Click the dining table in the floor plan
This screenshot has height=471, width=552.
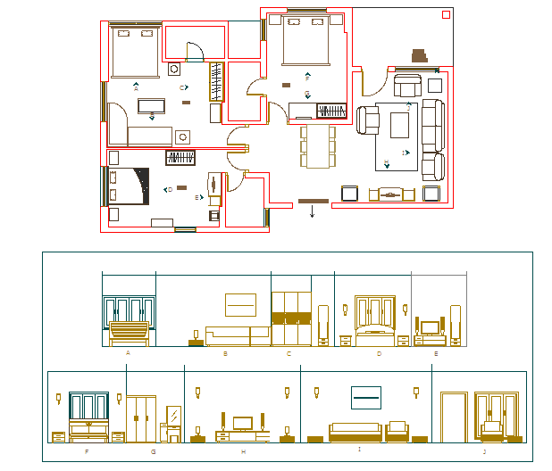[x=318, y=146]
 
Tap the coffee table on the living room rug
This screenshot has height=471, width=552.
[x=397, y=125]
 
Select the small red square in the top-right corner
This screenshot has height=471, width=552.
[x=445, y=14]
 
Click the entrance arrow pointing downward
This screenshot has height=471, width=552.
[x=312, y=212]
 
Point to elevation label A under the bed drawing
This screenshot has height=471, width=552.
[x=128, y=353]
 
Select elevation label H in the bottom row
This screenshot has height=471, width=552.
[x=243, y=452]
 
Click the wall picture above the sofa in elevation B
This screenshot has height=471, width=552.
[x=240, y=304]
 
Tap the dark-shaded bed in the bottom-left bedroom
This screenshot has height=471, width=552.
[x=128, y=187]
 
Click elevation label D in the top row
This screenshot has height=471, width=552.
[x=379, y=353]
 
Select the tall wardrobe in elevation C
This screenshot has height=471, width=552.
[x=291, y=318]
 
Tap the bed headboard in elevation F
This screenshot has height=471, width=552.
[x=88, y=407]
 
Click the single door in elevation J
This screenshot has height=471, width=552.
[x=455, y=416]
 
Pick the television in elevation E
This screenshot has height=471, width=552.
[x=430, y=326]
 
